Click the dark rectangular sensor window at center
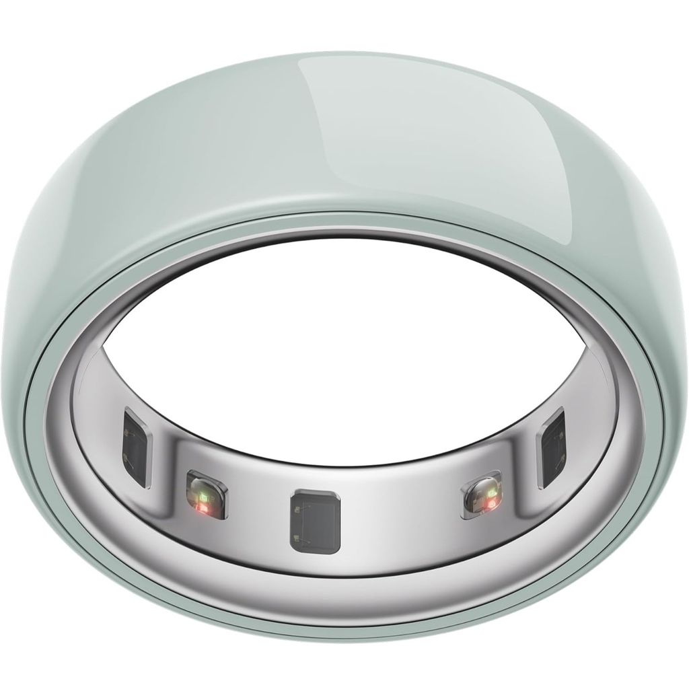click(315, 521)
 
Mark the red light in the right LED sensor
click(493, 501)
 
